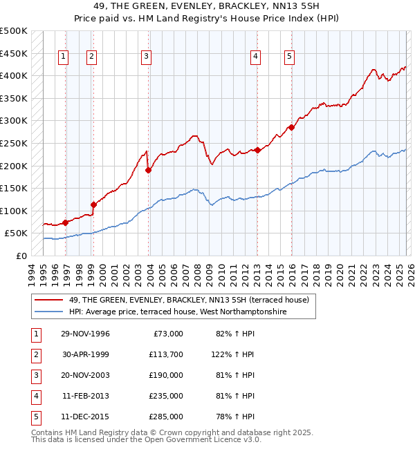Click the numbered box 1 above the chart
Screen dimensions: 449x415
coord(64,57)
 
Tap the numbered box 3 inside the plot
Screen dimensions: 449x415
coord(147,57)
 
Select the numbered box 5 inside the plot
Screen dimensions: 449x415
coord(289,57)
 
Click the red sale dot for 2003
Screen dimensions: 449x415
coord(148,170)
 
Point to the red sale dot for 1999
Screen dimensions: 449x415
coord(93,204)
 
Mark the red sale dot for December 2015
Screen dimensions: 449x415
coord(291,127)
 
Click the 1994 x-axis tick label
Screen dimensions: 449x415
coord(31,273)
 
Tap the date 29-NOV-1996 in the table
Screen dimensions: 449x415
coord(85,334)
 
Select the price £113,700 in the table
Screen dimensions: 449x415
coord(166,354)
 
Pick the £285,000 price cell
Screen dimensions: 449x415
coord(166,417)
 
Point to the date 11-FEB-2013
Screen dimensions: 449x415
coord(85,396)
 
